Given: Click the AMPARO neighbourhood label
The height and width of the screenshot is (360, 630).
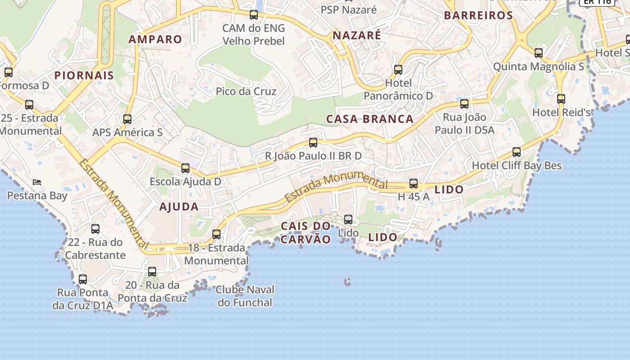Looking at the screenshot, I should [155, 39].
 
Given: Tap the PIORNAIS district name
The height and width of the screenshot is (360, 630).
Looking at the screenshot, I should [84, 75].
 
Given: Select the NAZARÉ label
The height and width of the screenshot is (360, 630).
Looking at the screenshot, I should [356, 35].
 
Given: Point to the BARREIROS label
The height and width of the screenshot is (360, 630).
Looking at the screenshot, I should [478, 15].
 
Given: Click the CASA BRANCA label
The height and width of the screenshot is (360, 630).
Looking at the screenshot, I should [370, 119].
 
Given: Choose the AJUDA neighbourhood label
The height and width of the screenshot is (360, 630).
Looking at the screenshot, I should [179, 207].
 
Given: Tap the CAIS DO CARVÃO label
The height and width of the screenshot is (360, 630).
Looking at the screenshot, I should [306, 232].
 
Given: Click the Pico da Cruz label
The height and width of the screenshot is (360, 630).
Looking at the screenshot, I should [246, 91].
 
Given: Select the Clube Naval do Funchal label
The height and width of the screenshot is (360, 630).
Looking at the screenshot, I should [245, 296].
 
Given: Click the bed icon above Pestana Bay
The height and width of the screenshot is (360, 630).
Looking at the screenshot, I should [37, 182].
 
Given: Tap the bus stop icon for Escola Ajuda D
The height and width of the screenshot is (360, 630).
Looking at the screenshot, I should [185, 168].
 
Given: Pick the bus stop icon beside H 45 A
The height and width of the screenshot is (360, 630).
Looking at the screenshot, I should [414, 184].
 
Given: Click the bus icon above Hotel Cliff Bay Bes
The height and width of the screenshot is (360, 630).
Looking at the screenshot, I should [517, 152].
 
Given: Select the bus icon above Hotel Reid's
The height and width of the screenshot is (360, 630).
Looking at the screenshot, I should [561, 99].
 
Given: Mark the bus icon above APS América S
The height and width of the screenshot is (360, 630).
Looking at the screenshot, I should [127, 119].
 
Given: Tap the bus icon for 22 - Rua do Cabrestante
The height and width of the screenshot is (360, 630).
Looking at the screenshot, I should [95, 229].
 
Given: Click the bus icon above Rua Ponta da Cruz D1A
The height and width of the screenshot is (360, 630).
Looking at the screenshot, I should [83, 279].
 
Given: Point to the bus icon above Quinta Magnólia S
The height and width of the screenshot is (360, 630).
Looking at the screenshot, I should [539, 53].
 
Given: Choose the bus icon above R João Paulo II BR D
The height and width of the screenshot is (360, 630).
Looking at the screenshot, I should [313, 143].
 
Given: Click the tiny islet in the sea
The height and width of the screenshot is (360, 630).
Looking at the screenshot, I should [347, 282].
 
